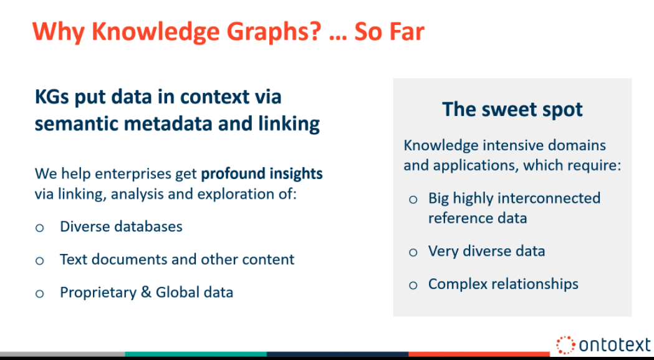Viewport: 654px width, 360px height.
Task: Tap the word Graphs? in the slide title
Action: pyautogui.click(x=267, y=32)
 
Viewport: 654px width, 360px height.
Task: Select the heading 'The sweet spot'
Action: pyautogui.click(x=512, y=109)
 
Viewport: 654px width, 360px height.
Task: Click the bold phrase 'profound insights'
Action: pyautogui.click(x=262, y=173)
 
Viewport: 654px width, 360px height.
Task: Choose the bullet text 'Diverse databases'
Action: pyautogui.click(x=121, y=226)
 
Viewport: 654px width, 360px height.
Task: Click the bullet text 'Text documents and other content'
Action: pyautogui.click(x=177, y=260)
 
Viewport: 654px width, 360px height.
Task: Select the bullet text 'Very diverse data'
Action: pyautogui.click(x=486, y=251)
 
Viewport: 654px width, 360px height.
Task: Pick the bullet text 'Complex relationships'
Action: pyautogui.click(x=503, y=284)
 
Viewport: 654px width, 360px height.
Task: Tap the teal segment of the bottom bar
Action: pyautogui.click(x=196, y=354)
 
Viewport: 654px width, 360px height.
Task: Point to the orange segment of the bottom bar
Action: pyautogui.click(x=479, y=354)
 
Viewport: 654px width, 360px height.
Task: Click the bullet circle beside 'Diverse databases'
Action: pyautogui.click(x=40, y=228)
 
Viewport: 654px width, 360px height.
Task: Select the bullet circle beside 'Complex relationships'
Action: pyautogui.click(x=413, y=286)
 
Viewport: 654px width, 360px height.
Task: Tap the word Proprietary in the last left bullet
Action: pyautogui.click(x=98, y=293)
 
